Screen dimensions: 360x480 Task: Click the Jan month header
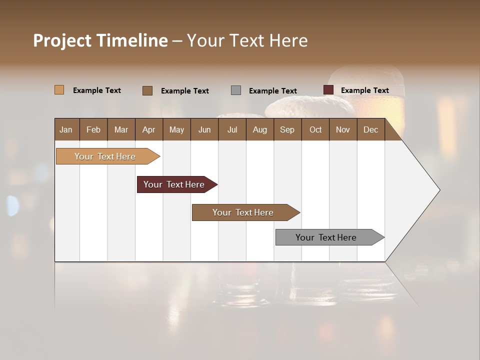pos(66,129)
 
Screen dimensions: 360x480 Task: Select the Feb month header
pos(93,129)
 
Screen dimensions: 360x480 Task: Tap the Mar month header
pos(121,129)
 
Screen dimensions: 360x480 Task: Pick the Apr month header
pos(148,129)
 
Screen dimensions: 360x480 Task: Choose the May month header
pos(176,129)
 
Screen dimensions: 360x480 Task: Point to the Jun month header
pos(204,129)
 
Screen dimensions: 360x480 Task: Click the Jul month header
pos(232,129)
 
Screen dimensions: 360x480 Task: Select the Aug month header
pos(259,129)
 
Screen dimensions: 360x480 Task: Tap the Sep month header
pos(287,129)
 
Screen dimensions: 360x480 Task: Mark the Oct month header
pos(315,129)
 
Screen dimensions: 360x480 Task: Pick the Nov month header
pos(343,129)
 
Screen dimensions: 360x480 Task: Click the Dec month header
pos(370,129)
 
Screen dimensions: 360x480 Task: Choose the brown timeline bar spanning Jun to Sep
pos(243,212)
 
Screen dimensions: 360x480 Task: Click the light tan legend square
pos(59,90)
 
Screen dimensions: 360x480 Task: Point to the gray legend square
pos(236,90)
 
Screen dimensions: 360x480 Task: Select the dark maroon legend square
pos(328,90)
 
